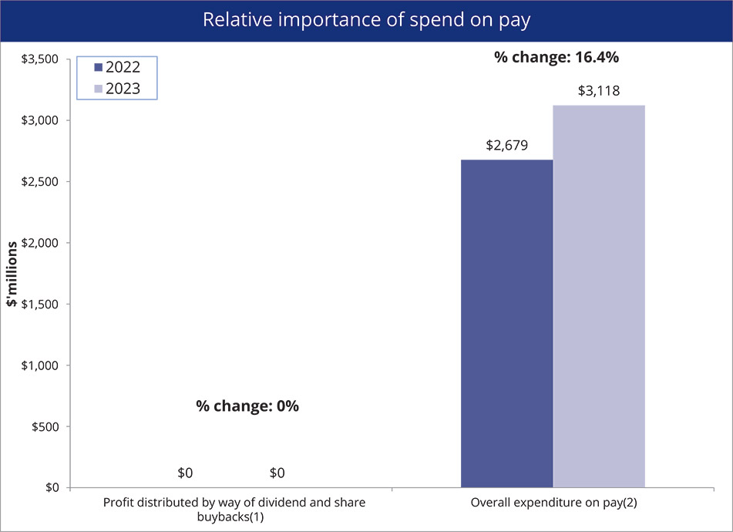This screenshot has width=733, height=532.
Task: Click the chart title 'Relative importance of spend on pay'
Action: pos(366,20)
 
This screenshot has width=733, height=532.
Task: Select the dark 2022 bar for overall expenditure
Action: pos(506,324)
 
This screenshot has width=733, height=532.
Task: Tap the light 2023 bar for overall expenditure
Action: pos(599,297)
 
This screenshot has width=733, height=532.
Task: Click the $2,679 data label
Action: pos(506,145)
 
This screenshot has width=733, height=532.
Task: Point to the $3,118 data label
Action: pos(599,91)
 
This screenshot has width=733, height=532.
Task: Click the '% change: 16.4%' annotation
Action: pos(556,57)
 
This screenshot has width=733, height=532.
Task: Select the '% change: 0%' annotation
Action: pos(247,406)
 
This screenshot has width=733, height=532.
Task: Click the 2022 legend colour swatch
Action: pos(98,67)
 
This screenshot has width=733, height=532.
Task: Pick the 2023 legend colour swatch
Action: pos(98,89)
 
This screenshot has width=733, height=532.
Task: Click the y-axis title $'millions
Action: pos(13,274)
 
